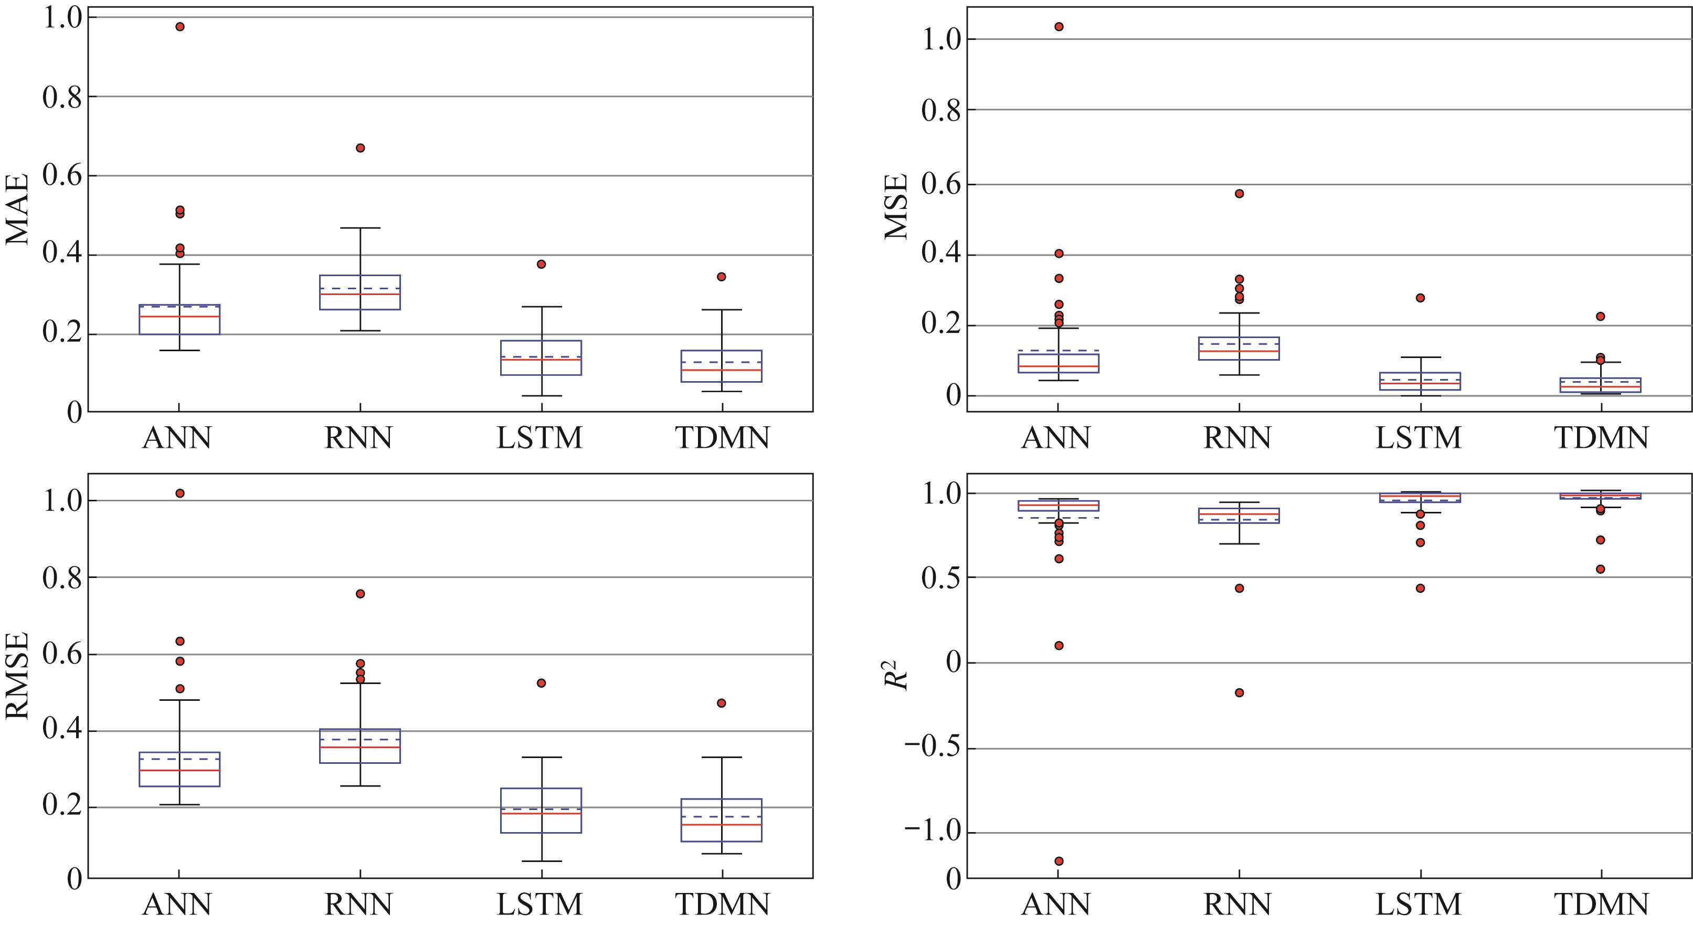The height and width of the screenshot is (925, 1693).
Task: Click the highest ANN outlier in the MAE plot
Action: click(x=180, y=27)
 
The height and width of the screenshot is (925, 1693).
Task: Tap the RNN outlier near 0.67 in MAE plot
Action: click(x=360, y=148)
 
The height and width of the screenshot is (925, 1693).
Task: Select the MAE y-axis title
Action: click(x=18, y=209)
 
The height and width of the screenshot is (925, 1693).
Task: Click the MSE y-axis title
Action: click(x=896, y=206)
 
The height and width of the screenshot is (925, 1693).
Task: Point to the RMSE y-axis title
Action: click(x=18, y=675)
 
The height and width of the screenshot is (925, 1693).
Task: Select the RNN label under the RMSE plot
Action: click(x=358, y=905)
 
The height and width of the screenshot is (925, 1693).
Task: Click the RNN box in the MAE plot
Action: click(x=360, y=292)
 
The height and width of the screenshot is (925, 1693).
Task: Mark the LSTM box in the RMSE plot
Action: click(x=541, y=811)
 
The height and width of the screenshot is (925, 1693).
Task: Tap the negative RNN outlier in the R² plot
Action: click(x=1240, y=692)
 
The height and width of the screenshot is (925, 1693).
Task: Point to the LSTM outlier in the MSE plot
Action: click(x=1420, y=298)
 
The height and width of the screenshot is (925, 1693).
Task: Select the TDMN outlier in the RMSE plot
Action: click(x=722, y=703)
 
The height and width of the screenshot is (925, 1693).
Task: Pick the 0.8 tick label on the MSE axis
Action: click(x=940, y=110)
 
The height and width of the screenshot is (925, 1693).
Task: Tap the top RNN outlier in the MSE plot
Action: click(x=1240, y=193)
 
